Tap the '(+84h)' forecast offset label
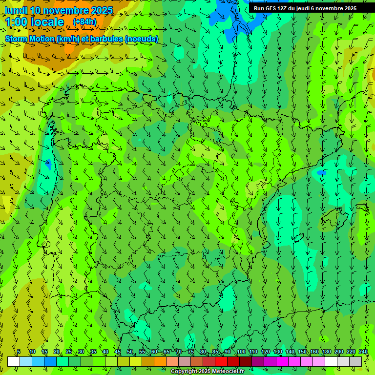85,22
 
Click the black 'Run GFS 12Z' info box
305,8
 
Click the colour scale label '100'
241,352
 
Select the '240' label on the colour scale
363,352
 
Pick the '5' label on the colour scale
19,352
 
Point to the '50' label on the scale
129,352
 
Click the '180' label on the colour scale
326,352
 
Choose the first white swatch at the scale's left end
14,361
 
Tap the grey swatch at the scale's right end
355,361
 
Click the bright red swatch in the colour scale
221,361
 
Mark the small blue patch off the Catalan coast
321,172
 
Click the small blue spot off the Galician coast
48,164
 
